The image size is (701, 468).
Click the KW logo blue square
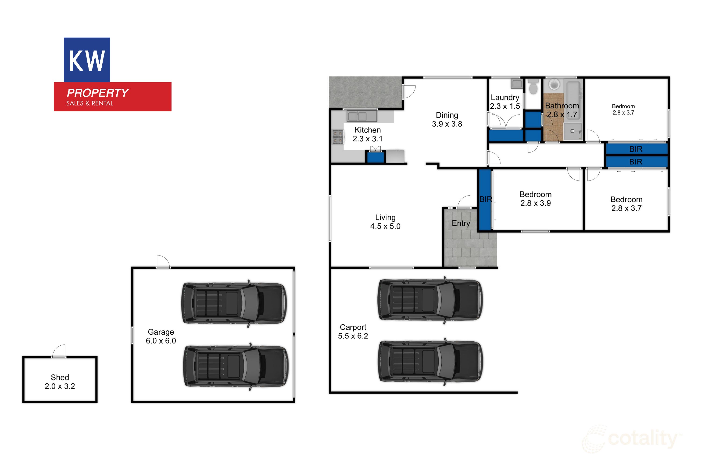point(87,60)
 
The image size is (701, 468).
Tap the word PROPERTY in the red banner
point(97,93)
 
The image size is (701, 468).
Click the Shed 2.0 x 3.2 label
point(60,382)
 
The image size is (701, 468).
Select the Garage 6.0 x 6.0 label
point(161,336)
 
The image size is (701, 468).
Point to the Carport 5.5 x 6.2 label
point(353,332)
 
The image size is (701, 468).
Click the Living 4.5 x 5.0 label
point(385,222)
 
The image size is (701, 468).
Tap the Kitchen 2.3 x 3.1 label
point(368,134)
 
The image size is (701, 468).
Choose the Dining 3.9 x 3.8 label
point(447,119)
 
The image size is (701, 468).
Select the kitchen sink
point(361,116)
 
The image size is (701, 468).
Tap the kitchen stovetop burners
point(337,137)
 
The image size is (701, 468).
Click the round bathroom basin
point(554,84)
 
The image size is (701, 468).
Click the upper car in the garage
point(234,303)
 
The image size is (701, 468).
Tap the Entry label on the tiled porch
point(461,223)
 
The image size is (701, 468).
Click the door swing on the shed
point(59,351)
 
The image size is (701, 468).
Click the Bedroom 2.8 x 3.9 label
point(535,199)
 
